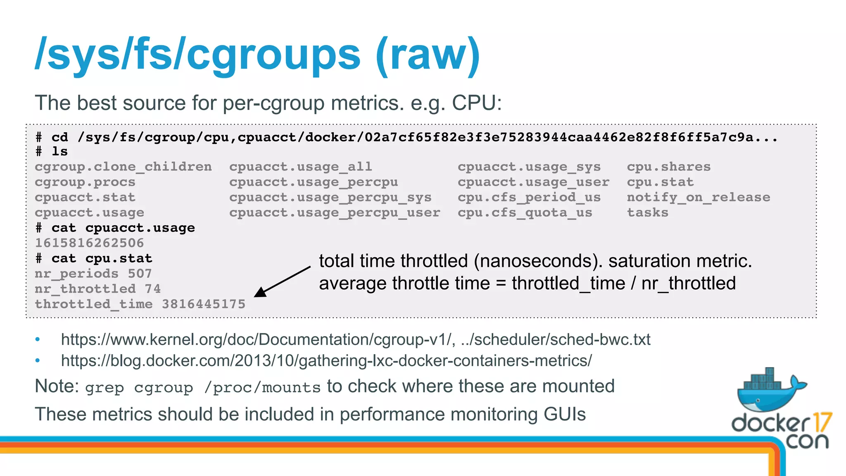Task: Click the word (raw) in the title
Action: (x=428, y=55)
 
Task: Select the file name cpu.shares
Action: (x=669, y=167)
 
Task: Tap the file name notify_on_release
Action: (x=698, y=198)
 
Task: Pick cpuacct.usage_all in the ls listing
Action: (x=301, y=167)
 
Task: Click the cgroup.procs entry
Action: (x=85, y=182)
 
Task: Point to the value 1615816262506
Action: (x=89, y=243)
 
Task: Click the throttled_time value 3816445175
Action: (x=203, y=304)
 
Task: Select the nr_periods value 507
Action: (x=140, y=274)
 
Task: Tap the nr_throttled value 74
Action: (x=152, y=289)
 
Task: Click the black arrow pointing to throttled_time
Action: (x=282, y=282)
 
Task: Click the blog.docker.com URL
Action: (x=326, y=361)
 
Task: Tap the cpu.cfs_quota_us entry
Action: (x=525, y=213)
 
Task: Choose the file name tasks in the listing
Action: (x=647, y=213)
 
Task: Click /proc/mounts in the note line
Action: (x=262, y=388)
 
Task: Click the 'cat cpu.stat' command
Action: (x=102, y=259)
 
